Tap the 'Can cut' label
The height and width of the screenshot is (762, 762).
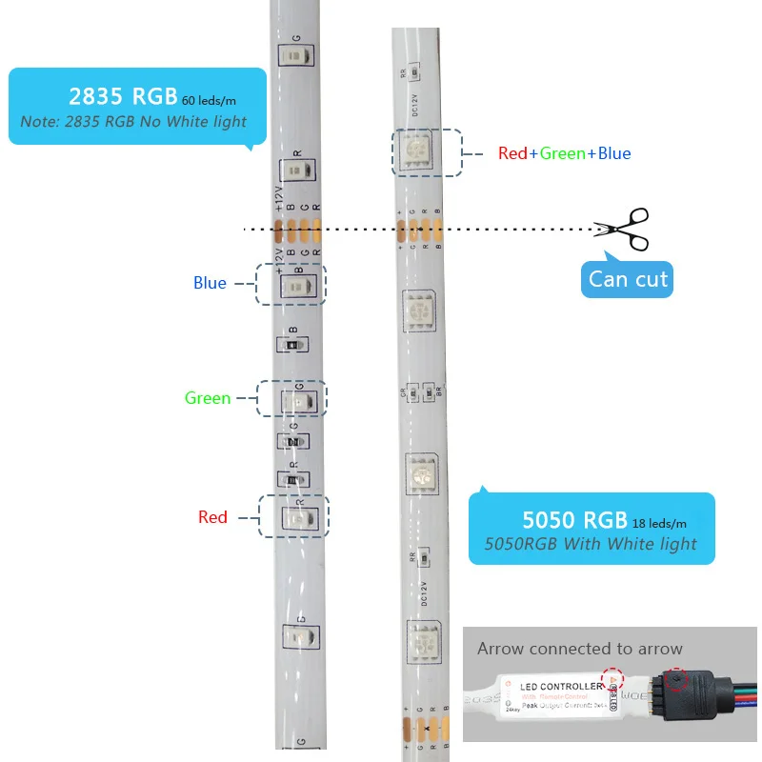point(628,279)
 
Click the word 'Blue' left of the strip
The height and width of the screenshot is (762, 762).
point(210,283)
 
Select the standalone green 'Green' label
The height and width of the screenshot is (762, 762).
point(208,398)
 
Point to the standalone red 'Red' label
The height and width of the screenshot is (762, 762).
point(212,517)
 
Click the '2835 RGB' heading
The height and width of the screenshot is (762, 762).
point(123,95)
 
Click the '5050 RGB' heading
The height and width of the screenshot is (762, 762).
point(574,520)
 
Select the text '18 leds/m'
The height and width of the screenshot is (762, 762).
point(660,523)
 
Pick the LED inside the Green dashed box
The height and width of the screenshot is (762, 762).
point(298,401)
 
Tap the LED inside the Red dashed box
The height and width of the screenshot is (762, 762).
point(298,517)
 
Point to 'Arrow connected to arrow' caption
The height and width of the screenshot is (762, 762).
point(580,649)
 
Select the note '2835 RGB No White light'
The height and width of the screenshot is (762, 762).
point(133,122)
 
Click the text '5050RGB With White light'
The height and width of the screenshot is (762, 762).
point(591,545)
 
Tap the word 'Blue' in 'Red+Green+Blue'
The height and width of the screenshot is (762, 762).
point(614,153)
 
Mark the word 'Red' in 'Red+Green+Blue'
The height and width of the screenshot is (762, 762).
point(512,153)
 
